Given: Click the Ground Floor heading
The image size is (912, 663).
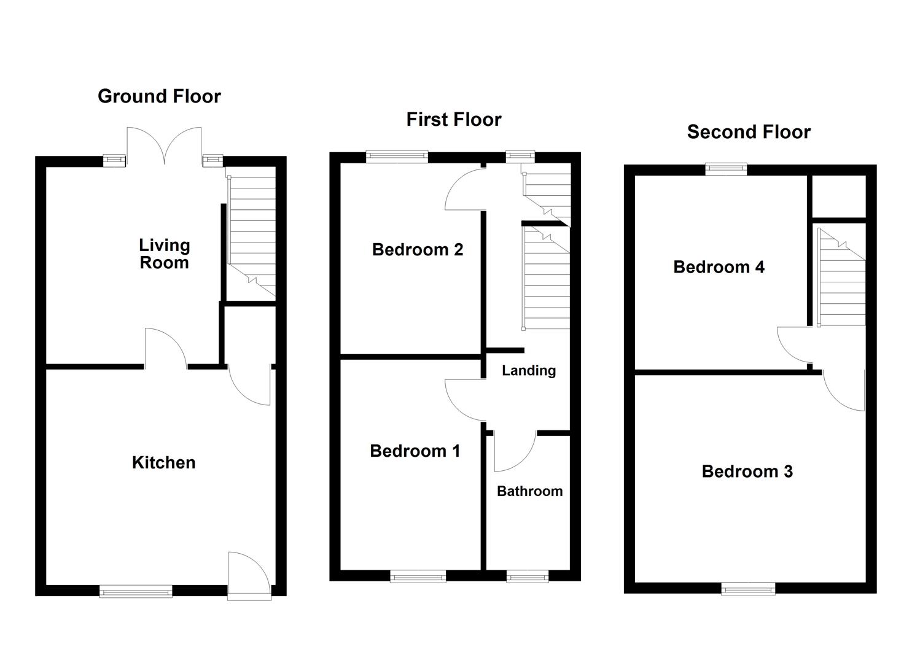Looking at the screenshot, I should click(x=159, y=96).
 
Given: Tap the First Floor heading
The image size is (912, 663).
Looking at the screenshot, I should click(x=454, y=119).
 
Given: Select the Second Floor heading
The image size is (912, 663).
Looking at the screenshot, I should click(x=749, y=132).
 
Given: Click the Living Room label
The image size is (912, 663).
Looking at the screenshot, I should click(x=164, y=254).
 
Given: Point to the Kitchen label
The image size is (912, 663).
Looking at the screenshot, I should click(x=164, y=462).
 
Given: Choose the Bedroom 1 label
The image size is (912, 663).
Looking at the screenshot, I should click(x=415, y=451).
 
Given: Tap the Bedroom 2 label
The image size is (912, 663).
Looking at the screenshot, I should click(x=417, y=250).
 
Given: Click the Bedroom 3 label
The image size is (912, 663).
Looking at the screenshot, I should click(x=747, y=471).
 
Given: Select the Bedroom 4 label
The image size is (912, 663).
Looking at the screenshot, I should click(x=719, y=267).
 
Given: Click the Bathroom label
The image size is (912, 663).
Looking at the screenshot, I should click(x=529, y=491).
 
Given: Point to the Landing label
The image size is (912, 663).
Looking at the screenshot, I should click(x=528, y=370).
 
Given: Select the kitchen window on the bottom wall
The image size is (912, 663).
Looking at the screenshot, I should click(x=136, y=591).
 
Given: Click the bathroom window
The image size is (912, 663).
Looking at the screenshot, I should click(x=528, y=576).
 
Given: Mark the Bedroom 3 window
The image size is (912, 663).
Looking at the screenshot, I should click(x=748, y=589).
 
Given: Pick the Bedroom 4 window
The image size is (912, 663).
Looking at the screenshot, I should click(x=726, y=169).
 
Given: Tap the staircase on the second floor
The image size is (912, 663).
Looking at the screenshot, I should click(x=841, y=276).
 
